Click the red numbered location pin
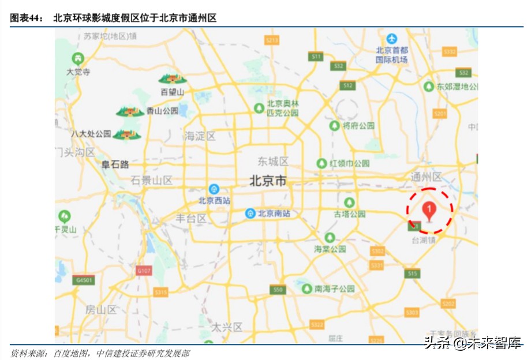tap(429, 211)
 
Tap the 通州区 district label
tap(426, 177)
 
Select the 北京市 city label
tap(268, 181)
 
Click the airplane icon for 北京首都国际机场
tap(392, 39)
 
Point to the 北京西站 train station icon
tap(214, 189)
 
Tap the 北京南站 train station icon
tap(250, 213)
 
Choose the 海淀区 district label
tap(200, 137)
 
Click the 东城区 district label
tap(273, 161)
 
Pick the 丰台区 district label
tap(191, 218)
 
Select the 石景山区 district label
tap(152, 180)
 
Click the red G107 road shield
tap(144, 270)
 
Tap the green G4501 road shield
tap(84, 280)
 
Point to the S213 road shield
tap(272, 40)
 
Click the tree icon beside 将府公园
tap(334, 125)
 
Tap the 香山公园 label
tap(162, 111)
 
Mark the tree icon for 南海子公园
tap(307, 287)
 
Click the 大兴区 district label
tap(226, 327)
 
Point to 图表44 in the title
tap(27, 18)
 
